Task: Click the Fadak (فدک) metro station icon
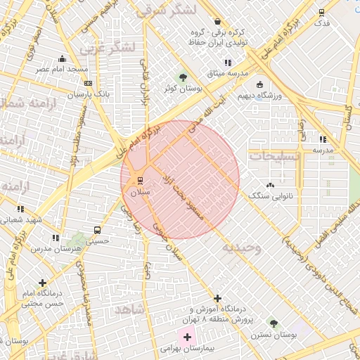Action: (322, 12)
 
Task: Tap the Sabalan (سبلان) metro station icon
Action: (140, 179)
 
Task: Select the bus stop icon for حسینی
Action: (97, 229)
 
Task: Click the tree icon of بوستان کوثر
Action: (184, 77)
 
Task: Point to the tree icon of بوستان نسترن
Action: (274, 323)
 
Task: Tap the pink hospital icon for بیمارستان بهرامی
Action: (187, 337)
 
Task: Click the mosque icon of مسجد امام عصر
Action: (63, 58)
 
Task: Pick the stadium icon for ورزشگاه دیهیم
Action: (259, 84)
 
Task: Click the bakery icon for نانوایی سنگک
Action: (271, 184)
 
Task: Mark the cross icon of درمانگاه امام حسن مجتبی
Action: (43, 283)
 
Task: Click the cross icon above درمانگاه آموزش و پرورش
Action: (217, 298)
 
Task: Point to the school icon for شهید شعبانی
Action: (20, 209)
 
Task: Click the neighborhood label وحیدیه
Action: (242, 248)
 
